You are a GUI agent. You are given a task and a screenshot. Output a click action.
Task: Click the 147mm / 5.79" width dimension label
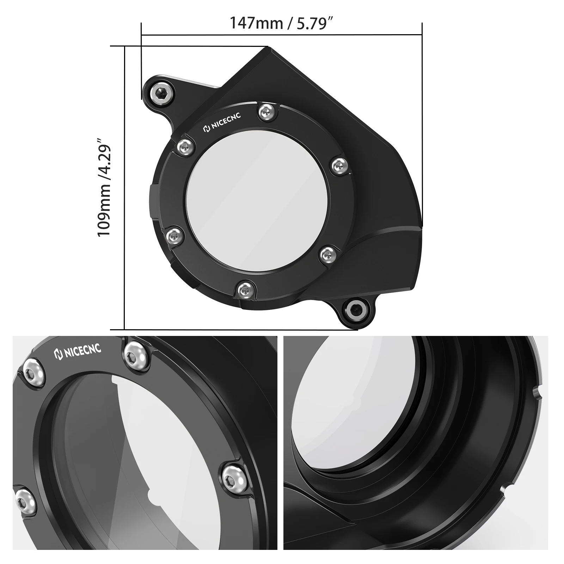(282, 23)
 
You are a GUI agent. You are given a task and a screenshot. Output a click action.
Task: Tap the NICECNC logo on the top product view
(222, 124)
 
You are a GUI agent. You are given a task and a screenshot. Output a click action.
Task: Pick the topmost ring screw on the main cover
(265, 112)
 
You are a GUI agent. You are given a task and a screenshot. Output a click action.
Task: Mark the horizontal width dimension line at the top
(282, 35)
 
